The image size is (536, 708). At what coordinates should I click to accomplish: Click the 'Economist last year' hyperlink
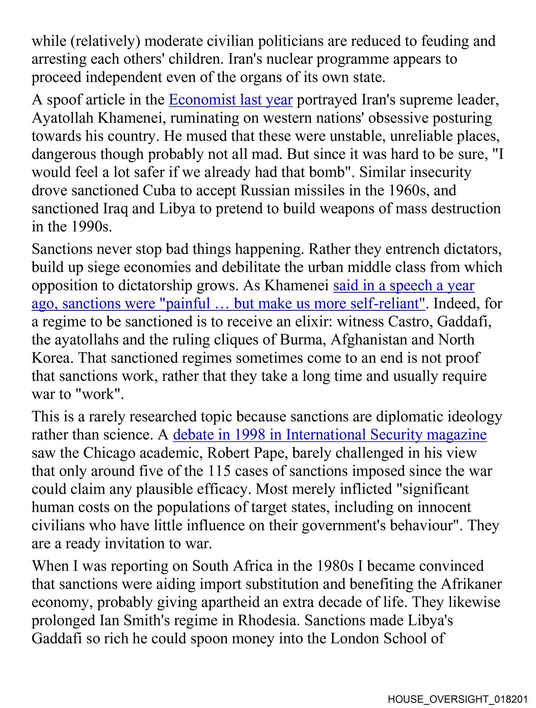[x=231, y=100]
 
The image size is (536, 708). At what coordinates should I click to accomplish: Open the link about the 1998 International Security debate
[x=330, y=435]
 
